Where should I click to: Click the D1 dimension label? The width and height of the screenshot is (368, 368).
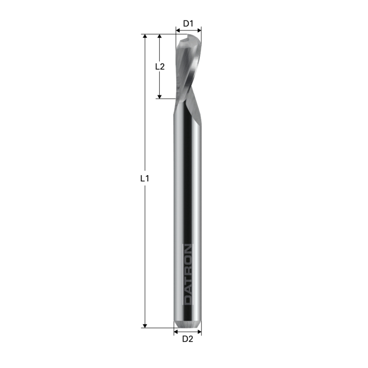(188, 24)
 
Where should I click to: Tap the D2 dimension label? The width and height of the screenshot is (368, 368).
(188, 340)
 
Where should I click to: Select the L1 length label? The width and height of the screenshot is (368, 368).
(145, 179)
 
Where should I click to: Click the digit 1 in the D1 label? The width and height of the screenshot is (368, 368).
(192, 24)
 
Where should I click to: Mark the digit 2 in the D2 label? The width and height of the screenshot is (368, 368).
(191, 340)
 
